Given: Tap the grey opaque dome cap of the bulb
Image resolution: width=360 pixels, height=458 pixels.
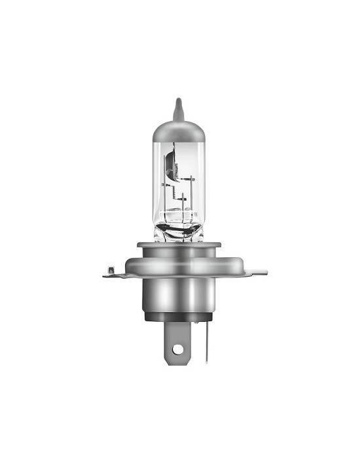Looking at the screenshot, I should coord(179,131).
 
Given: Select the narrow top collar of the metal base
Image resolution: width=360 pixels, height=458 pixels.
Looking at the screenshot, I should coord(179,246).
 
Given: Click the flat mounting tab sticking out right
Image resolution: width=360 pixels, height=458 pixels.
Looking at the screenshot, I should coord(255,272).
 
